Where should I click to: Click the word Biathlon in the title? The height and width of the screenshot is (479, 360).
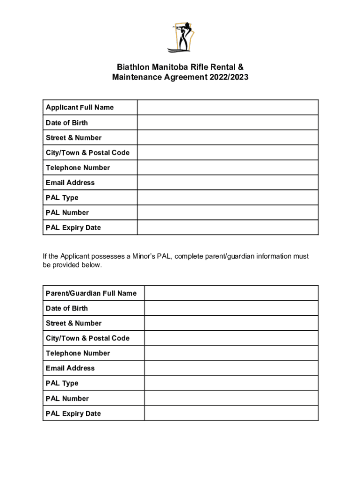pos(132,67)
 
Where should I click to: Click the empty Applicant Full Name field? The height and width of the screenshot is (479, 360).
pos(228,108)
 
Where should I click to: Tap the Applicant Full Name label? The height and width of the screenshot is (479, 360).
pos(79,108)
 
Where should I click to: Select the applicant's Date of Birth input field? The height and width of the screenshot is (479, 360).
pos(228,123)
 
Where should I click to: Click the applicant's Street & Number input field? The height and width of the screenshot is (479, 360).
pos(228,138)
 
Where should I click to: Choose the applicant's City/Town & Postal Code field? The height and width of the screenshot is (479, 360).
pos(228,152)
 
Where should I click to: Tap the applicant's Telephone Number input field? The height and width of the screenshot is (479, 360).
pos(228,167)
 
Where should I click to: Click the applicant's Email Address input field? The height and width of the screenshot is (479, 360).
pos(228,182)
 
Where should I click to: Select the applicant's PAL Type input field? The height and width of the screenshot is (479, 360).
pos(228,197)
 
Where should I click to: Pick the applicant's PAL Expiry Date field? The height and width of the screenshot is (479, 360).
pos(228,227)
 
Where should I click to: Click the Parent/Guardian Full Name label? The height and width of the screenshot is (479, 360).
pos(91,293)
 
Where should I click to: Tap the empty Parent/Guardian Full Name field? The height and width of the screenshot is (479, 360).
pos(231,293)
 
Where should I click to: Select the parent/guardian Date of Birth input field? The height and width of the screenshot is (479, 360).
pos(231,308)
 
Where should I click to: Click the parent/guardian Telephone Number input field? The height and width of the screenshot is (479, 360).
pos(231,353)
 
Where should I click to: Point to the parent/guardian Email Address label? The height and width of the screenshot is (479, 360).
pos(70,368)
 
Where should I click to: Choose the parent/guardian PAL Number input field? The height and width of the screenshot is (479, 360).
pos(231,399)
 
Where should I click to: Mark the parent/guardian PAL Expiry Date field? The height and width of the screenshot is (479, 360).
pos(231,414)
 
